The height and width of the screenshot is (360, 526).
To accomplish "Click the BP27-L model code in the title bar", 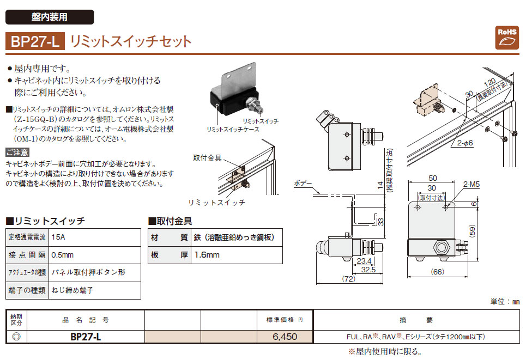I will click(35, 42).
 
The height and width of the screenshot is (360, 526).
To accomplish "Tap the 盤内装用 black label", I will click(50, 17).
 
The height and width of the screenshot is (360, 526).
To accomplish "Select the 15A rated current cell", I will click(57, 238).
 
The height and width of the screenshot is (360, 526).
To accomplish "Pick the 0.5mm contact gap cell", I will click(62, 255).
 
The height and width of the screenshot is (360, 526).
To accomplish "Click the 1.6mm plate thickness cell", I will click(207, 255).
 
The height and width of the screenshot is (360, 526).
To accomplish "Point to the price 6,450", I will click(285, 337).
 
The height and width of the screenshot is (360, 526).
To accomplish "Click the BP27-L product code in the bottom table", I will click(86, 337).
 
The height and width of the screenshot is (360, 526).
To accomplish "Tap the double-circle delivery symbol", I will click(16, 337).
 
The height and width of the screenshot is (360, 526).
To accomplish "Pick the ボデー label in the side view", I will click(303, 184).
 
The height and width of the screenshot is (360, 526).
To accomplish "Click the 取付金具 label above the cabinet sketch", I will click(207, 158).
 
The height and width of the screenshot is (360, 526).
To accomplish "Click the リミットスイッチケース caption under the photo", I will click(233, 130).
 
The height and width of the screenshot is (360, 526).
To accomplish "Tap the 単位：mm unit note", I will click(505, 301).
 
